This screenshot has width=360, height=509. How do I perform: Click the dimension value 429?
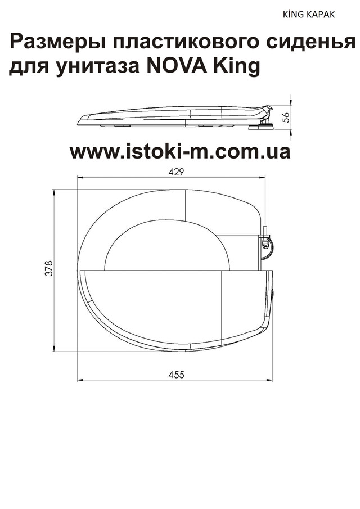[x=176, y=172]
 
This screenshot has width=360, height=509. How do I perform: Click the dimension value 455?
[x=176, y=375]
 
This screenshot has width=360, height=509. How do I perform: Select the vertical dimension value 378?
[x=49, y=268]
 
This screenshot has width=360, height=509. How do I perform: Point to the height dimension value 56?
[x=286, y=117]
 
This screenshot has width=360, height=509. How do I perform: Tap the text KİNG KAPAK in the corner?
[x=308, y=15]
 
